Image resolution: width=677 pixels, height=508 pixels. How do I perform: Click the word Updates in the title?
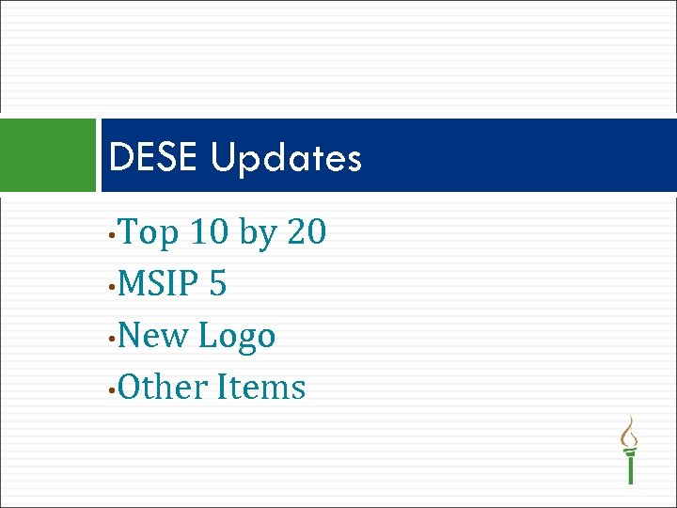tap(286, 159)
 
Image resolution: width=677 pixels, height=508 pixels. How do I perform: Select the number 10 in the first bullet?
tap(209, 231)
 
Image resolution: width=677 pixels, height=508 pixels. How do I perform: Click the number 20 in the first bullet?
tap(307, 231)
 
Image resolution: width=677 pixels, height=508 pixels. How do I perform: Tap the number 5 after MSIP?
tap(218, 283)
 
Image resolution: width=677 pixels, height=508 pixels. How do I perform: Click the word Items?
tap(261, 387)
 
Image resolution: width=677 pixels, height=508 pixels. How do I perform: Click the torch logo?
tap(630, 450)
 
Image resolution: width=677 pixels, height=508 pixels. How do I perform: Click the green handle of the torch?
tap(630, 466)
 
